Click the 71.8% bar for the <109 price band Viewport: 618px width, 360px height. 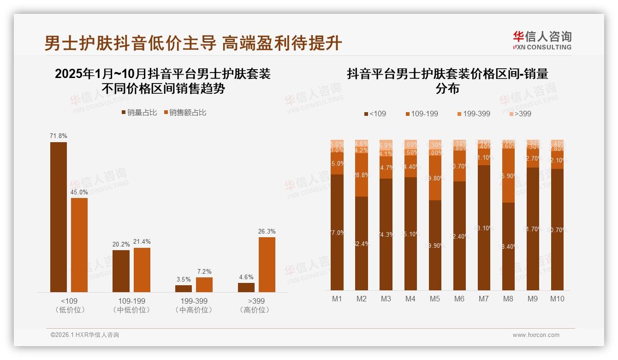[59, 217]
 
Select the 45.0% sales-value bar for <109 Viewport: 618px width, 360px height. [79, 245]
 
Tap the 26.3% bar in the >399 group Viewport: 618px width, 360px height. [267, 264]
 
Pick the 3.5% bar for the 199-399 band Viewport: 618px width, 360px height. [184, 288]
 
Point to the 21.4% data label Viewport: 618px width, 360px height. [142, 242]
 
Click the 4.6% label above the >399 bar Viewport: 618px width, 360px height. [246, 277]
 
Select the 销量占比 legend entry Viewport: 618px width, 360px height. [139, 113]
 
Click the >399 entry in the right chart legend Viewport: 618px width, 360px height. [520, 114]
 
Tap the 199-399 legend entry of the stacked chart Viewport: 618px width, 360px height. [474, 114]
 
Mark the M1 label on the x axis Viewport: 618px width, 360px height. [337, 299]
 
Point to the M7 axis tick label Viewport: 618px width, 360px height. [484, 299]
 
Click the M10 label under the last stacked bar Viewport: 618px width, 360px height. [557, 299]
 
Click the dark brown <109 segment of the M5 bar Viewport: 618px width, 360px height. [435, 245]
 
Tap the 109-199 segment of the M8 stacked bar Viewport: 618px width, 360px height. [508, 175]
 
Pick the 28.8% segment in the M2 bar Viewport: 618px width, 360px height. [362, 175]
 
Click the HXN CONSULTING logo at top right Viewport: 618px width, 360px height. [542, 41]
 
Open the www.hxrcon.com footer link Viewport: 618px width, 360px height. [536, 335]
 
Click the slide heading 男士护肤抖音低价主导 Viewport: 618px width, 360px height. [130, 43]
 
